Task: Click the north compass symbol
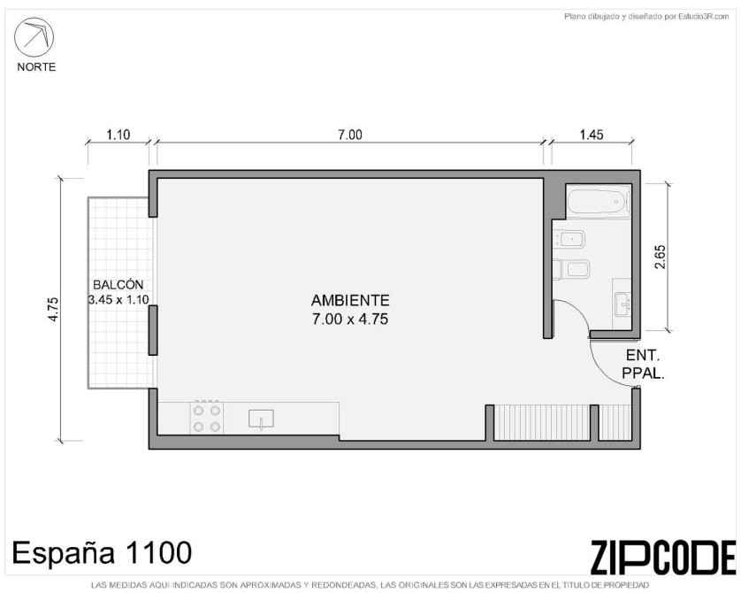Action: pyautogui.click(x=34, y=37)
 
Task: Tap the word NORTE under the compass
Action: pyautogui.click(x=36, y=67)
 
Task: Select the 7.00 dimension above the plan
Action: pyautogui.click(x=349, y=135)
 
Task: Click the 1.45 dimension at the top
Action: pyautogui.click(x=592, y=135)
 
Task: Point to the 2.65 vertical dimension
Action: pyautogui.click(x=660, y=257)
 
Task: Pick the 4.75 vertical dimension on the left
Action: pyautogui.click(x=53, y=309)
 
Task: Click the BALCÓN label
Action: pyautogui.click(x=118, y=285)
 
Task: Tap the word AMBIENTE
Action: pyautogui.click(x=350, y=300)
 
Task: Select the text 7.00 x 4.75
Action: pyautogui.click(x=350, y=320)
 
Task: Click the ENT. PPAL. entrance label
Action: pyautogui.click(x=643, y=364)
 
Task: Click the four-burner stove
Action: pyautogui.click(x=207, y=418)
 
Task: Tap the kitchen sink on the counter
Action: pyautogui.click(x=261, y=420)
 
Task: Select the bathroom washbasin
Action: pyautogui.click(x=623, y=304)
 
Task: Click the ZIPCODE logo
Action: pyautogui.click(x=662, y=557)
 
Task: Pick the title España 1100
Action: pyautogui.click(x=102, y=552)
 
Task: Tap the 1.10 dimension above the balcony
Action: pyautogui.click(x=118, y=135)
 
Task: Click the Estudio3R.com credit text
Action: pyautogui.click(x=646, y=17)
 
